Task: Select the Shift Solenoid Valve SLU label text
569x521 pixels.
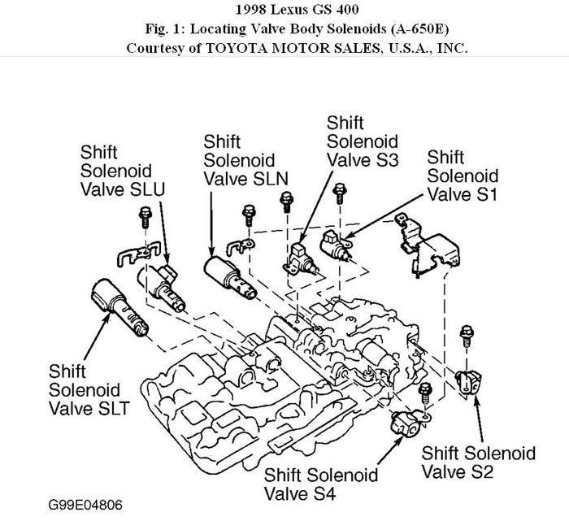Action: [x=122, y=171]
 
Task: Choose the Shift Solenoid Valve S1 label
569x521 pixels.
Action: [x=463, y=175]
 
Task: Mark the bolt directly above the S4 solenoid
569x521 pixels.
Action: [x=423, y=392]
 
